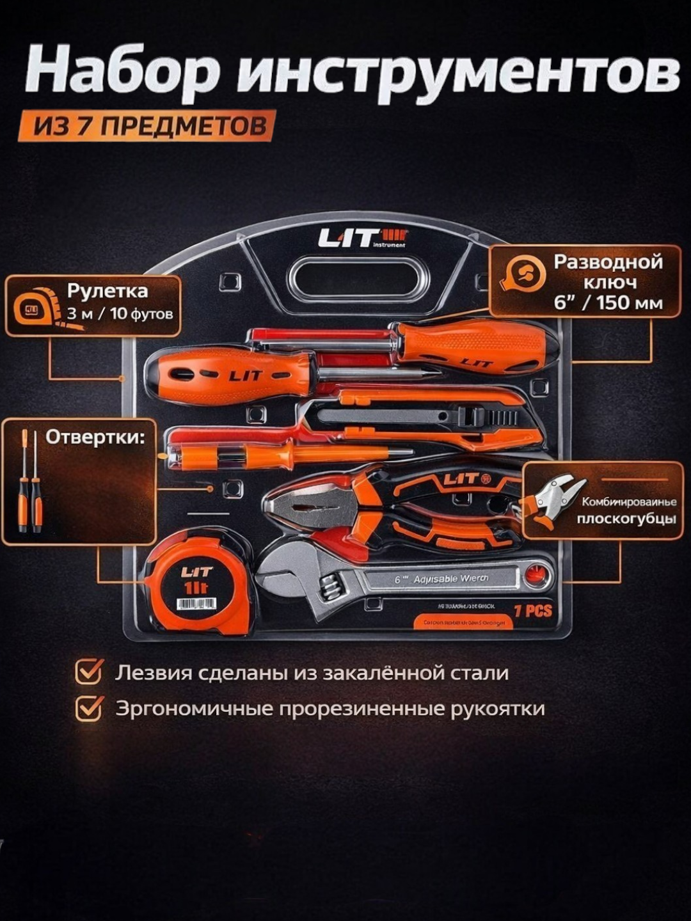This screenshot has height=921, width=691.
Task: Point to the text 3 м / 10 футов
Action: pos(120,314)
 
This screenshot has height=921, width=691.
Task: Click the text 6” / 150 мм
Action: pos(608,303)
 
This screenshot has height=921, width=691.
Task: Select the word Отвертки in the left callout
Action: pos(95,437)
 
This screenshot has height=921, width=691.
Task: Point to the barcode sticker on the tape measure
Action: pos(196,604)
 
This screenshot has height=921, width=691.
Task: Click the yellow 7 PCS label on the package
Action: pos(532,611)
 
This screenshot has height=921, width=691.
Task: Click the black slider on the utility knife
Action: pos(486,417)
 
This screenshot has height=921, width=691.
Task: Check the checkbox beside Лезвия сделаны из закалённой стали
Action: pos(89,673)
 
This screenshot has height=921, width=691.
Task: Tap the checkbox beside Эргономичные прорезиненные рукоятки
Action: pos(89,709)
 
